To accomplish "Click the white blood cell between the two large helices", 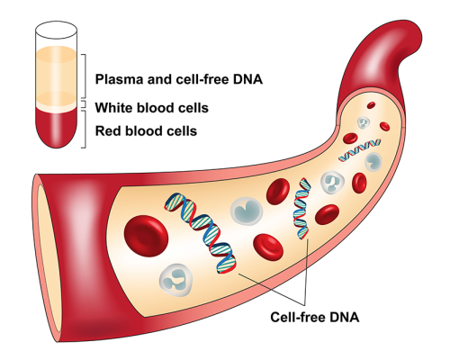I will (x=246, y=209).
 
